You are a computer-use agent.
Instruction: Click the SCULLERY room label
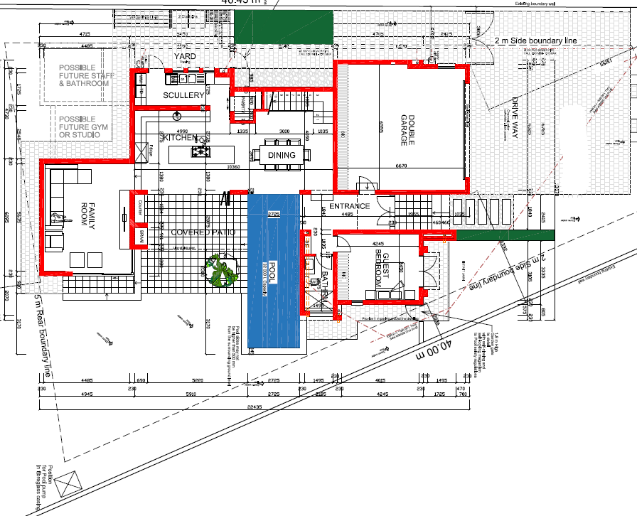pos(183,95)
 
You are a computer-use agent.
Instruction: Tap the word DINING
pos(282,155)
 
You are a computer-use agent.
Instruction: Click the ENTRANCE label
pos(349,207)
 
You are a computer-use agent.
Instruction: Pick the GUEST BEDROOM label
pos(382,273)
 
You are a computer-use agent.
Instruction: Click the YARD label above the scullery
pos(184,57)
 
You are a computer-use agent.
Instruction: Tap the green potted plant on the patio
pos(223,272)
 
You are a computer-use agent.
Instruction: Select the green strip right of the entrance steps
pos(504,235)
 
